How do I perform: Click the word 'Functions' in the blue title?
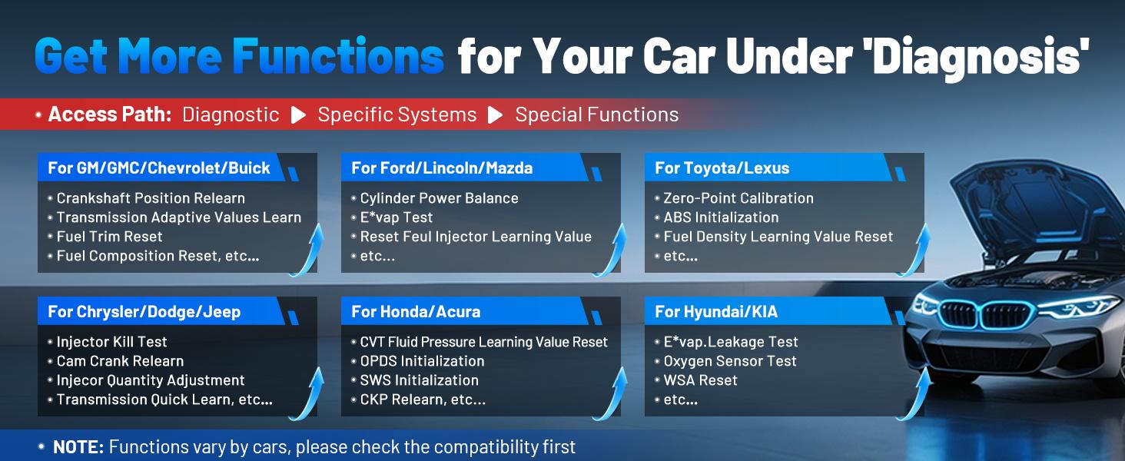point(338,56)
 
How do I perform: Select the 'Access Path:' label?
point(109,114)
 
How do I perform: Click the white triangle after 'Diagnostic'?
point(298,115)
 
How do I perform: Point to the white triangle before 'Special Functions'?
point(495,115)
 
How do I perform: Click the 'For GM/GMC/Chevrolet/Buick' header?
point(159,167)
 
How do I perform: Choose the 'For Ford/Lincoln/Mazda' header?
point(442,167)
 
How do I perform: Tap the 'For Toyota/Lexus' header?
point(722,167)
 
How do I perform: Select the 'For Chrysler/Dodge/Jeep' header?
point(144,312)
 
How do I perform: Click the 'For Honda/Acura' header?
point(416,312)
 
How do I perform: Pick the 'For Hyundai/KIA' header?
point(716,312)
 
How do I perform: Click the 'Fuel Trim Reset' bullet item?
point(109,237)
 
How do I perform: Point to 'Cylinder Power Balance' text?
point(439,198)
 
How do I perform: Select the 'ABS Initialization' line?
point(722,217)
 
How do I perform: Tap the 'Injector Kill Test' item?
point(111,342)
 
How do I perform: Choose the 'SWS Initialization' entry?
point(420,380)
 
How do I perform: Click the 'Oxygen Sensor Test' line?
point(730,361)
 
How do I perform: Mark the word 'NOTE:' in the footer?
point(78,447)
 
